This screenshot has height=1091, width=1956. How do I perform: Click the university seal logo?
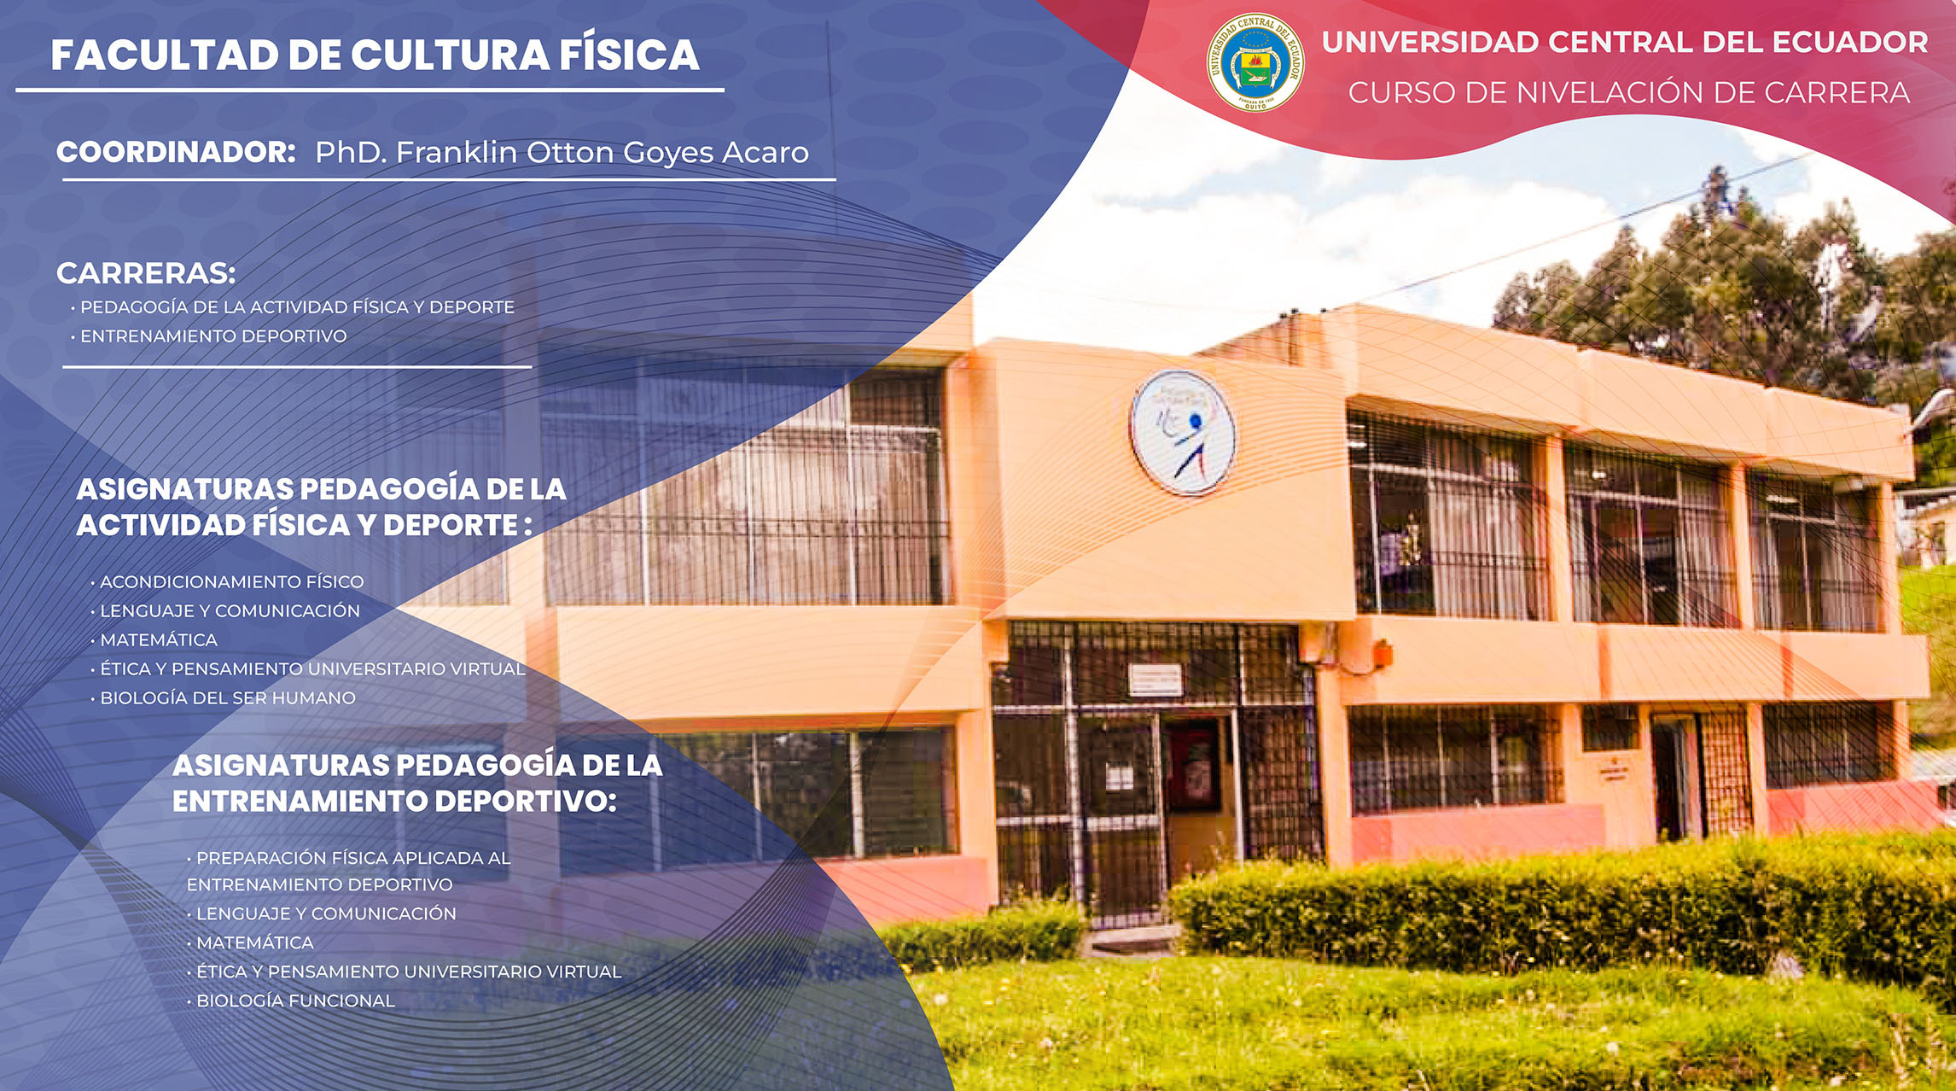coord(1255,61)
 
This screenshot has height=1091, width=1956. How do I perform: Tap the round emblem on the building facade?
coord(1183,432)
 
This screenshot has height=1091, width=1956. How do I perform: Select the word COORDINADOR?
coord(176,152)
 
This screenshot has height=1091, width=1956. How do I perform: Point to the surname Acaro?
coord(766,152)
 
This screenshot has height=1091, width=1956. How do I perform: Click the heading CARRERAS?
coord(146,273)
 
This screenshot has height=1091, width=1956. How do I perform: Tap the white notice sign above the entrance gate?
coord(1156,680)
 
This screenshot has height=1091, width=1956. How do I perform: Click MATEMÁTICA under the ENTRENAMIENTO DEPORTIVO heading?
coord(255,942)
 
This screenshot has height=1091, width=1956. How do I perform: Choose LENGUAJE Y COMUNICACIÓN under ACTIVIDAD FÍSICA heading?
coord(230,611)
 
